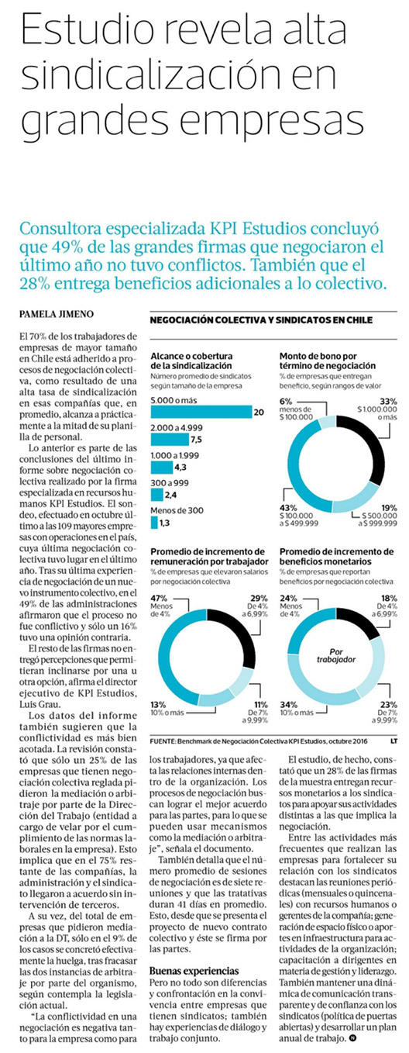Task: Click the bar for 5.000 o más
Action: click(x=201, y=412)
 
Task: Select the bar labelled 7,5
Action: click(x=170, y=440)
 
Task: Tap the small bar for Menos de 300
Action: click(x=154, y=523)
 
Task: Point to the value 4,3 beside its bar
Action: click(x=180, y=468)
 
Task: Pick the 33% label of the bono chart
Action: click(x=388, y=401)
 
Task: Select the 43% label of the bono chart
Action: click(x=288, y=508)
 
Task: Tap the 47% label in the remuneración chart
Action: click(x=159, y=598)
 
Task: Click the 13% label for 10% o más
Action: click(x=158, y=704)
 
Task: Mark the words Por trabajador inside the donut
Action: click(x=335, y=655)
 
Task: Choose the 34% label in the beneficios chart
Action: click(x=288, y=704)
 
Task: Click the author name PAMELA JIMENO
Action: click(x=50, y=314)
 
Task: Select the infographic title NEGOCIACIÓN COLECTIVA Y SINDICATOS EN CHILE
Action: click(x=261, y=320)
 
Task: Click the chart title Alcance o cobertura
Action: click(x=191, y=356)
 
